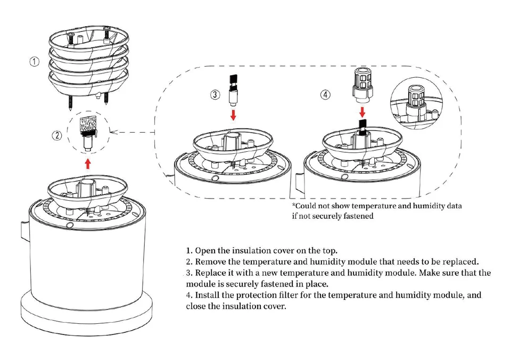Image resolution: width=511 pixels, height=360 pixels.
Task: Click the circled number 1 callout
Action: tap(34, 62)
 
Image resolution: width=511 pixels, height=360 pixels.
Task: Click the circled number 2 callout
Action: tap(57, 135)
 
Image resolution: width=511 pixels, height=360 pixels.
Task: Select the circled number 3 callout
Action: tap(215, 95)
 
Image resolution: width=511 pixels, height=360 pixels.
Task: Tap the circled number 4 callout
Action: tap(325, 95)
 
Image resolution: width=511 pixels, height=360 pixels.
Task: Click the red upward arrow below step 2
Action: tap(87, 163)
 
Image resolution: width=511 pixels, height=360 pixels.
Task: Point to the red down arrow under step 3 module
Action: tap(233, 115)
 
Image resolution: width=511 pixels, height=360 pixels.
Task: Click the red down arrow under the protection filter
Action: tap(362, 112)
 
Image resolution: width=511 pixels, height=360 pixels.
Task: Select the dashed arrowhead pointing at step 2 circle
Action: tap(113, 132)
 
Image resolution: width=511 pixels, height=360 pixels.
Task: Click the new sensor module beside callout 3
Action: tap(233, 90)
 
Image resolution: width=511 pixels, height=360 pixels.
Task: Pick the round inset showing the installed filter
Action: tap(416, 102)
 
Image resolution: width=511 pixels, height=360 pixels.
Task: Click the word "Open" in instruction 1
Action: tap(205, 251)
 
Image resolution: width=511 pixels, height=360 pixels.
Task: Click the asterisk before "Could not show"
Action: tap(294, 205)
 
